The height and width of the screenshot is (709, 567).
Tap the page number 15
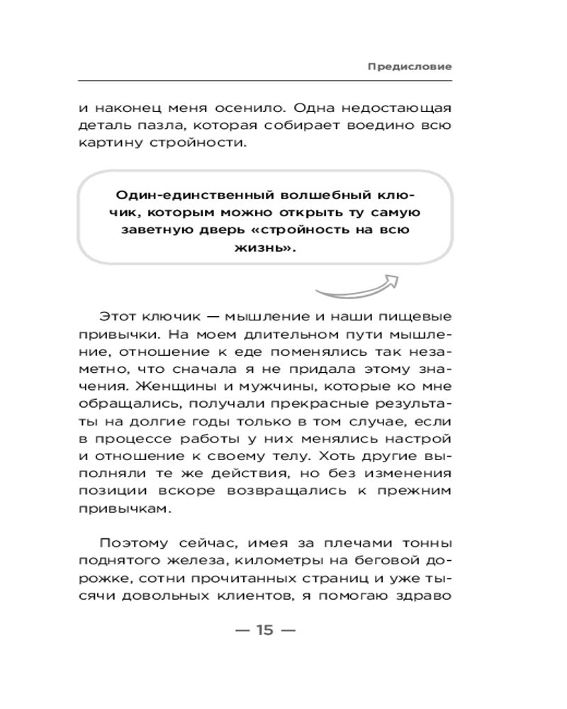264,630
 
